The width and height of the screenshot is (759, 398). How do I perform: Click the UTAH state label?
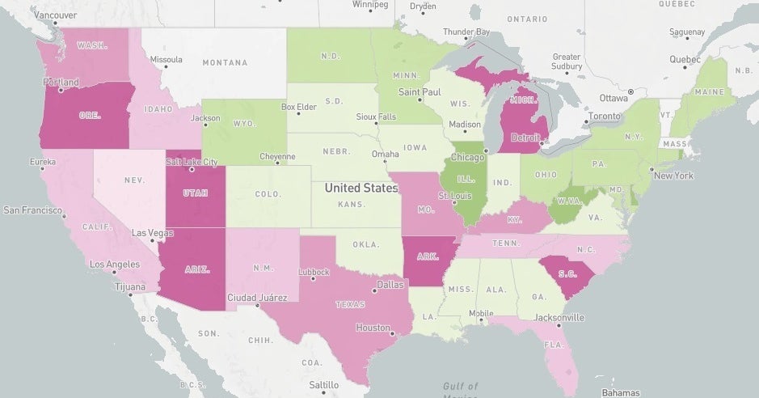[x=196, y=194]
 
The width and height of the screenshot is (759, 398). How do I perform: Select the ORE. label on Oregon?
[x=90, y=116]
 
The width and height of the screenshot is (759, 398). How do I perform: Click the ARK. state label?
[x=428, y=257]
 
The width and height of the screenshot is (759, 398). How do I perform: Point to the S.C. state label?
[x=567, y=274]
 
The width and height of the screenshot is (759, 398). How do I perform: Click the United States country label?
[x=361, y=188]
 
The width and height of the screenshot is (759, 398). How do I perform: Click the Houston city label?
[x=373, y=328]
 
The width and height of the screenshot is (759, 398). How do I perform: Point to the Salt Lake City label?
[x=192, y=162]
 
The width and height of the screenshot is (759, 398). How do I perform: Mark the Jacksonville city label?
[x=558, y=317]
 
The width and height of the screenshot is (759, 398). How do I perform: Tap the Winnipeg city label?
[x=370, y=5]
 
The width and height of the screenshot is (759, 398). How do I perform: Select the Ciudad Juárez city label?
[x=257, y=297]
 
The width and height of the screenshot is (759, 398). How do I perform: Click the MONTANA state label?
[x=225, y=62]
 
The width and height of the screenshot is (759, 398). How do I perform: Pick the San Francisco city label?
[x=32, y=210]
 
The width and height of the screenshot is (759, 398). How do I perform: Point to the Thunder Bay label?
[x=466, y=32]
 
